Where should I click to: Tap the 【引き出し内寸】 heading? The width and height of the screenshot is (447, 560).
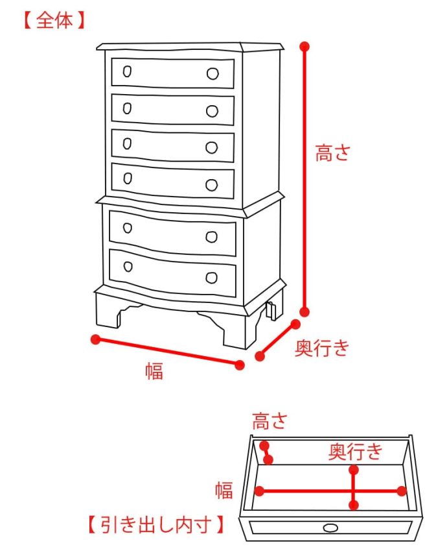[x=157, y=524]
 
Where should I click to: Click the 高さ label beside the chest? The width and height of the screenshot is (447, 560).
[x=332, y=154]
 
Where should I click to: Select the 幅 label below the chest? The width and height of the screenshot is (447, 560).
[x=154, y=371]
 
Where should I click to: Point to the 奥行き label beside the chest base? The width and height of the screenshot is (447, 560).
[x=322, y=348]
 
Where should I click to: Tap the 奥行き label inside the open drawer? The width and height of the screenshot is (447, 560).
[x=356, y=451]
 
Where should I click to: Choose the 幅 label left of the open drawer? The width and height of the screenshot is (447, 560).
[x=224, y=491]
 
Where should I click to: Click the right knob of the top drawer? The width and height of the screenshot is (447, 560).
[x=212, y=73]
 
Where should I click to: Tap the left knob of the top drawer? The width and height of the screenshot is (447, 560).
[x=127, y=71]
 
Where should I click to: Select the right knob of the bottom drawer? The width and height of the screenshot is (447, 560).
[x=211, y=278]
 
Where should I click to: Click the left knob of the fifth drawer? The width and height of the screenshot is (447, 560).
[x=128, y=228]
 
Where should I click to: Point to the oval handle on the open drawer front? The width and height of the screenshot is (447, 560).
[x=330, y=528]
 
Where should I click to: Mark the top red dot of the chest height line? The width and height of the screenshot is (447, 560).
[x=305, y=47]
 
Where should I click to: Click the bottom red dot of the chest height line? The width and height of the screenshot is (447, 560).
[x=305, y=311]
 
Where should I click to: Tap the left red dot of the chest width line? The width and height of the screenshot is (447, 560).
[x=95, y=339]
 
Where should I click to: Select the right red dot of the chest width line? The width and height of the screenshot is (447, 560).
[x=240, y=365]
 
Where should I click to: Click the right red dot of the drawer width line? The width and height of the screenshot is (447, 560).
[x=402, y=491]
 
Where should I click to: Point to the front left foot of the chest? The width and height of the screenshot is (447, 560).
[x=108, y=313]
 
